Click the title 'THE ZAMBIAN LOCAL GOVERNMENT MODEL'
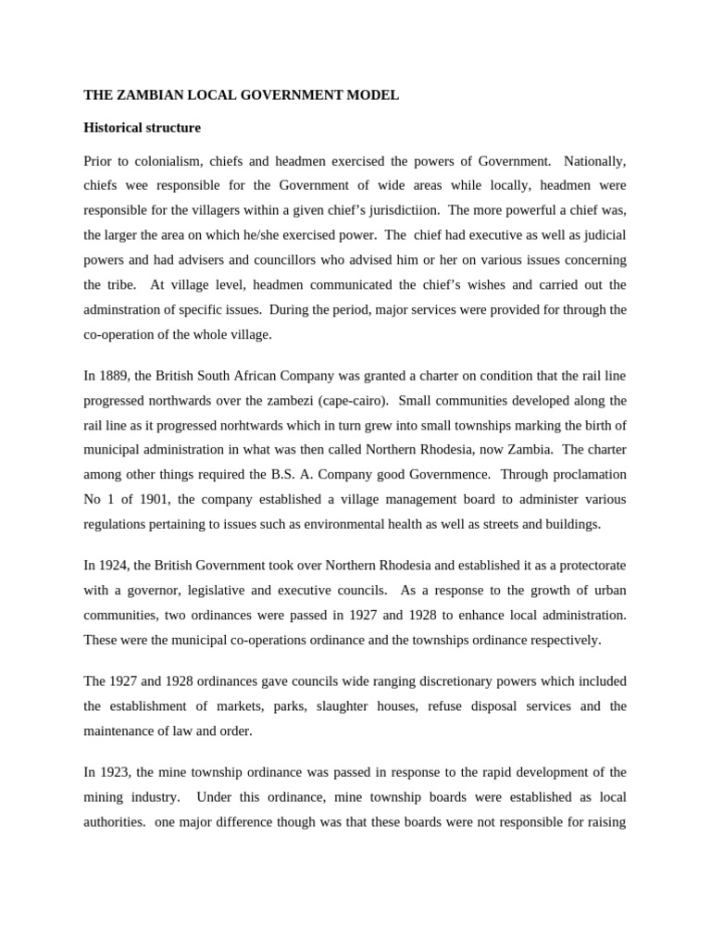coord(241,94)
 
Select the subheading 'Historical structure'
coord(142,127)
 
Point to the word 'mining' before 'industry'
coord(104,796)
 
